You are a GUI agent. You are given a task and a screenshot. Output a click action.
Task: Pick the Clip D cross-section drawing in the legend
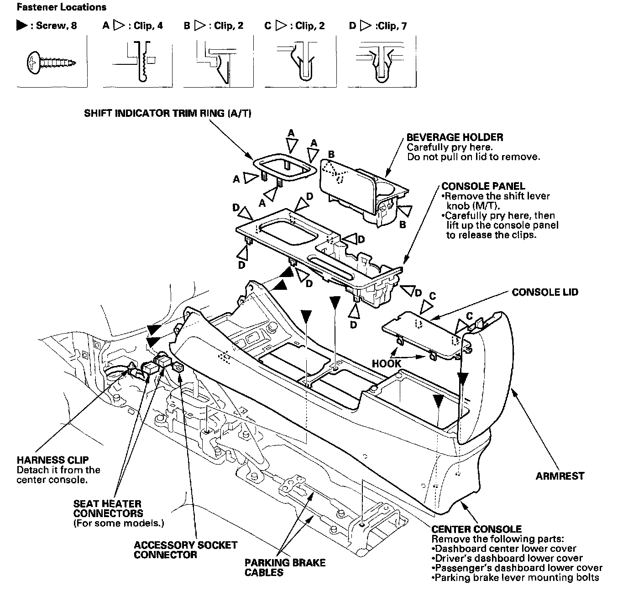pos(382,62)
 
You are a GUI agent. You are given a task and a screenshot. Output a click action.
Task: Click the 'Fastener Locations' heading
pos(61,7)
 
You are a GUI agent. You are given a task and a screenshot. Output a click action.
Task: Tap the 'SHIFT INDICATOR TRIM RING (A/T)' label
pos(167,113)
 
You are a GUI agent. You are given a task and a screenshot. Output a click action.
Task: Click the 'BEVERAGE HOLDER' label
pos(455,137)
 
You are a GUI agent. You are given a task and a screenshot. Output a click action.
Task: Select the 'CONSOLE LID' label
pos(545,292)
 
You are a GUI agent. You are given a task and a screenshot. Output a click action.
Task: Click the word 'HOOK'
pos(386,364)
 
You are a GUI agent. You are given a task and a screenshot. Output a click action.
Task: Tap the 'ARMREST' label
pos(560,476)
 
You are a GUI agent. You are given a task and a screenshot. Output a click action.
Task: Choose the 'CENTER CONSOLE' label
pos(476,529)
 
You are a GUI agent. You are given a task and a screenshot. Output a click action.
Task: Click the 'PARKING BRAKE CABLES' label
pos(285,567)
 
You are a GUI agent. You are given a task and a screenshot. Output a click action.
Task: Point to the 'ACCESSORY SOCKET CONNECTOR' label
pos(185,550)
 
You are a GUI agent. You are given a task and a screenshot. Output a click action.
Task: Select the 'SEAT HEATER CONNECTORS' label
pos(108,508)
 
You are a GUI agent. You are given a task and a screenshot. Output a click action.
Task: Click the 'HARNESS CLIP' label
pos(52,460)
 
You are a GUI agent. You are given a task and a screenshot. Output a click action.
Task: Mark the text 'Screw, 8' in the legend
pos(56,26)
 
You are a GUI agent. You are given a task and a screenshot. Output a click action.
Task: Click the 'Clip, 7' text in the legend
pos(390,26)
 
